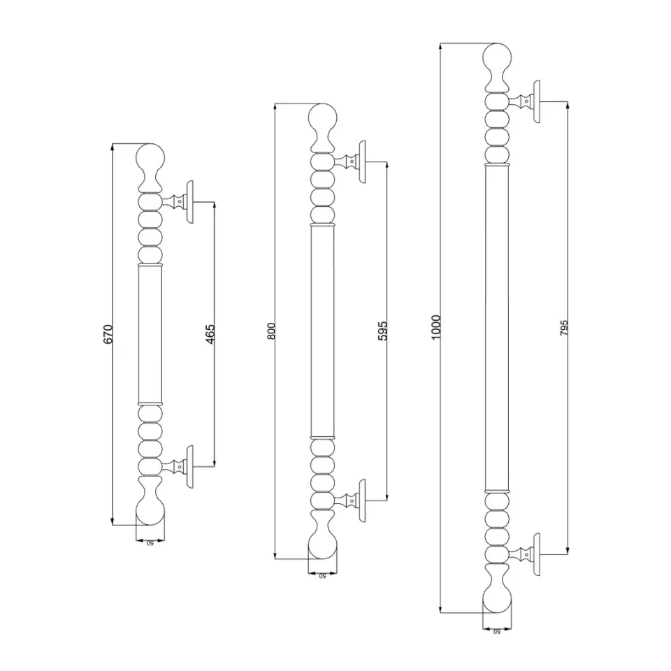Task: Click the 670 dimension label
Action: pos(108,334)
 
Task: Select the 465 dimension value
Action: pos(210,334)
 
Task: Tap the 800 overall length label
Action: pos(271,331)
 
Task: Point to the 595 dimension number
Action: pos(382,331)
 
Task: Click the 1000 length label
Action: pos(435,327)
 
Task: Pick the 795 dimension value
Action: pos(564,328)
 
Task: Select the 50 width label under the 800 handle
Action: pos(322,576)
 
